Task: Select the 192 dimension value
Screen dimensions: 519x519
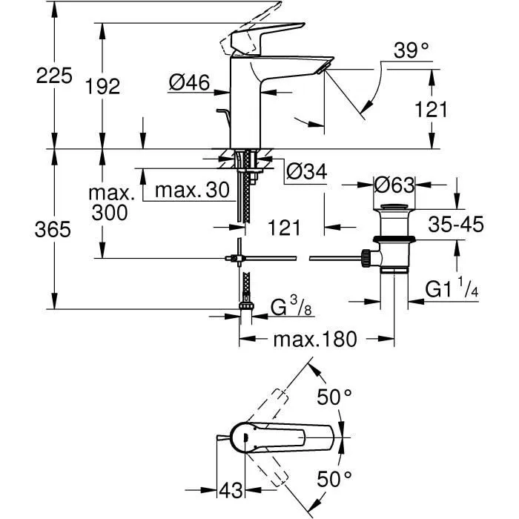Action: tap(103, 86)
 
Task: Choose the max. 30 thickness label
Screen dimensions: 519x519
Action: tap(192, 190)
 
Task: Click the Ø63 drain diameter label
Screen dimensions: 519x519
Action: tap(394, 183)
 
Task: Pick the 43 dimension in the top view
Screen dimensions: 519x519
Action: tap(232, 490)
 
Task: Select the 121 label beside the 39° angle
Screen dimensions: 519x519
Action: tap(430, 110)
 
